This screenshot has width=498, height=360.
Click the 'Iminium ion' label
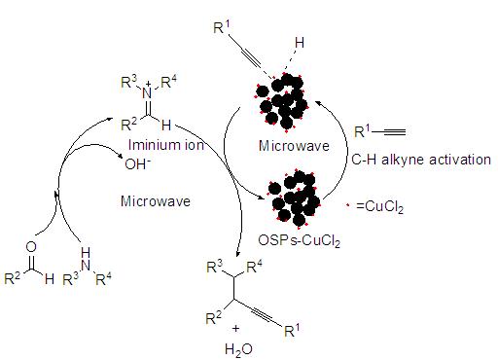coord(166,145)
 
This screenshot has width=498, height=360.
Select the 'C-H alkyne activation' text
coord(421,160)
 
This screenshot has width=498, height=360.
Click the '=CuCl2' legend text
coord(379,207)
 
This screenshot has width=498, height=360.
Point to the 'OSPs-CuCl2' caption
coord(299,241)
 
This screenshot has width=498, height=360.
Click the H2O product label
coord(238,350)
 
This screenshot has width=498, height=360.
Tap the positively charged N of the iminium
coord(147,91)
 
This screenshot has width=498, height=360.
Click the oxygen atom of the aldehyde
coord(31,247)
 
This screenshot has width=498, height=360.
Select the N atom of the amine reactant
coord(86,265)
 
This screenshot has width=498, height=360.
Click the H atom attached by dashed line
coord(300,43)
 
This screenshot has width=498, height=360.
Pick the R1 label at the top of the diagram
coord(222,27)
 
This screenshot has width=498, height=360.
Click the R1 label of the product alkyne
coord(292,330)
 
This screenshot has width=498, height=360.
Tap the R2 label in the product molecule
coord(213,318)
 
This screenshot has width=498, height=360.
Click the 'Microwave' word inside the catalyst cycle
coord(294,146)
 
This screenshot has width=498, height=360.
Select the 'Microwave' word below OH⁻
coord(156,201)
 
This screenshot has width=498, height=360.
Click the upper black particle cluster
coord(281,101)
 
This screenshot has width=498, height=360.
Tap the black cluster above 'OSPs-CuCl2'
coord(294,198)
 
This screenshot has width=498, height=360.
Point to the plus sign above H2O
coord(235,329)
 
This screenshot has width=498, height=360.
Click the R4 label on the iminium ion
coord(169,82)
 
